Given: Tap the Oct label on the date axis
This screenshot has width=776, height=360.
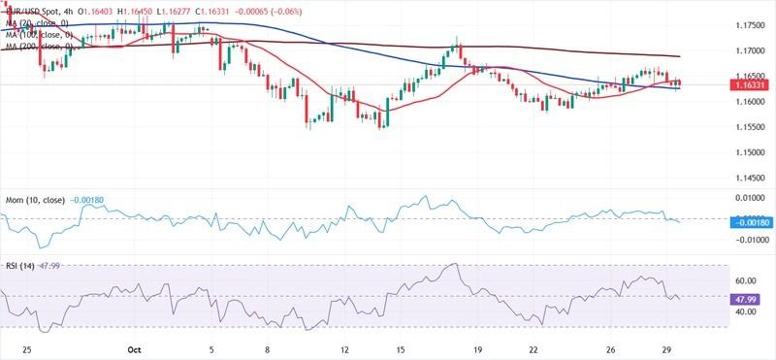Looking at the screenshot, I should tap(136, 346).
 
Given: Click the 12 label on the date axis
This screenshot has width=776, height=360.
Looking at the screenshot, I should tap(345, 346).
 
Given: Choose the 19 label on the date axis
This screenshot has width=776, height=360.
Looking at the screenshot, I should tap(478, 346).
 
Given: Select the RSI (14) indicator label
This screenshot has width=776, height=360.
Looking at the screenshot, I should tap(22, 266).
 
